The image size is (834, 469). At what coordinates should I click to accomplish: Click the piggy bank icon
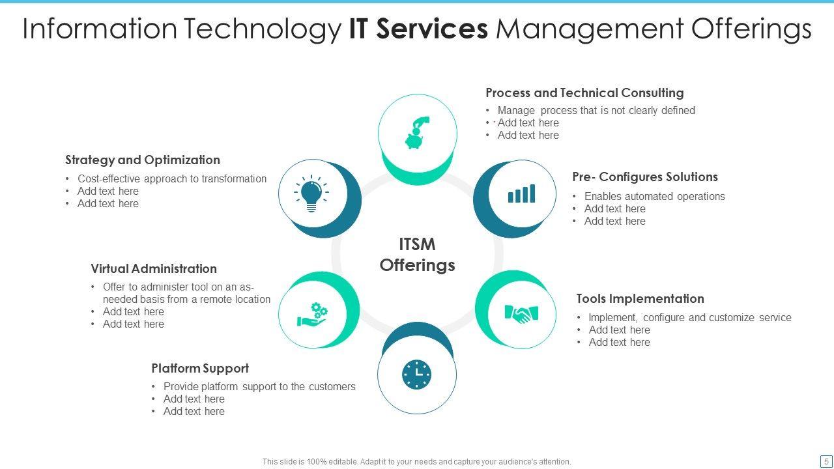[416, 134]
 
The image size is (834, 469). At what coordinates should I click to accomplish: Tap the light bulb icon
[311, 193]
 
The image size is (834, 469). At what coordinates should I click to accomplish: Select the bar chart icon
[521, 193]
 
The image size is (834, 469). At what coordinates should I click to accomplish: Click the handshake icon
[521, 314]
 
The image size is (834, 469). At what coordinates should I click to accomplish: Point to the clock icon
[416, 374]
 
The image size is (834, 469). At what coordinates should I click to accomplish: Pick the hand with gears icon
[312, 314]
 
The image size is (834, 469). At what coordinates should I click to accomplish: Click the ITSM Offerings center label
[417, 255]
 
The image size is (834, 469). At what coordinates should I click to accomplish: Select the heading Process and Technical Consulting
[584, 92]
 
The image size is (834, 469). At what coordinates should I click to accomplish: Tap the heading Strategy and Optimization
[143, 160]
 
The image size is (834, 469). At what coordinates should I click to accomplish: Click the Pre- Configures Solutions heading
[645, 177]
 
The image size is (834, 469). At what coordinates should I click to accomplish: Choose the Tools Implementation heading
[640, 298]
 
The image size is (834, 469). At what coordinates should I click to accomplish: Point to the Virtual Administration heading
[154, 268]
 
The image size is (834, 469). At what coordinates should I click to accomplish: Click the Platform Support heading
[200, 368]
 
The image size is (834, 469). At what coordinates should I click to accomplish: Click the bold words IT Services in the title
[418, 29]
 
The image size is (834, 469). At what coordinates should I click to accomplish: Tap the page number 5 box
[826, 461]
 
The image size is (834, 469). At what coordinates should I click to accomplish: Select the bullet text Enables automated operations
[654, 196]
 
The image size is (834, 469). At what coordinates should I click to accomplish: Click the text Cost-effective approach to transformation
[172, 178]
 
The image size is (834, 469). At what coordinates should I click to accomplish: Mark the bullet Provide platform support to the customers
[259, 386]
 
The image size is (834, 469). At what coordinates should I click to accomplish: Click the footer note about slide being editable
[417, 461]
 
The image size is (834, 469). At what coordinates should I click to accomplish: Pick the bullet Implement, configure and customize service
[689, 317]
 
